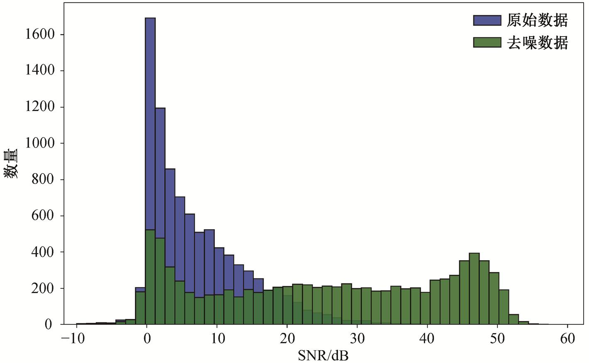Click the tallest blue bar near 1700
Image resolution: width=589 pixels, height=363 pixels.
[150, 124]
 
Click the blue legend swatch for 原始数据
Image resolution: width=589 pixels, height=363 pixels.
[487, 20]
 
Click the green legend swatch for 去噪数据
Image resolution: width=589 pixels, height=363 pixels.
[487, 42]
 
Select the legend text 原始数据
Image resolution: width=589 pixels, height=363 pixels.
[537, 20]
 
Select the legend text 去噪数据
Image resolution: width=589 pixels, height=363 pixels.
[537, 42]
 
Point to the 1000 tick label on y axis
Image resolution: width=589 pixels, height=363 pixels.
[40, 143]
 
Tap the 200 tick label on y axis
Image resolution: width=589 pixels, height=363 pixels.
[44, 288]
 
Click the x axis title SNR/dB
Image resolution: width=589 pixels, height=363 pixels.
[323, 355]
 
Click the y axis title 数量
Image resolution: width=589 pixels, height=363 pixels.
[11, 164]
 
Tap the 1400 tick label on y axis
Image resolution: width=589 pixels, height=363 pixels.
[40, 71]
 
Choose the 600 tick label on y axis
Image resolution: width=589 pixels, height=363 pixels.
[44, 216]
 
